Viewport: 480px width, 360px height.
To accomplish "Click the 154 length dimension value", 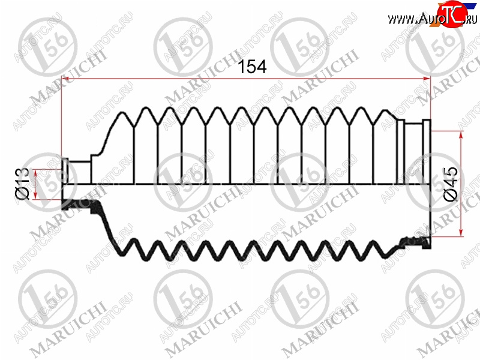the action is [252, 67].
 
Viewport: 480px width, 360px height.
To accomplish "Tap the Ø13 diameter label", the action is [23, 183].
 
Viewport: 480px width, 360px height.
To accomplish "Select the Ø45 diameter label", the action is [452, 184].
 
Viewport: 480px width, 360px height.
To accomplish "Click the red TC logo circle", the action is [452, 14].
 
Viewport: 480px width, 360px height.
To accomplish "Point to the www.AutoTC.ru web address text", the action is [432, 19].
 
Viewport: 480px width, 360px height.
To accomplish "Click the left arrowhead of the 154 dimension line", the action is [65, 79].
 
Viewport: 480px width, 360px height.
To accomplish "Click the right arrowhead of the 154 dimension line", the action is [427, 79].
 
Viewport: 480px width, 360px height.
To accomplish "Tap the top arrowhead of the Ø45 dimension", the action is [461, 135].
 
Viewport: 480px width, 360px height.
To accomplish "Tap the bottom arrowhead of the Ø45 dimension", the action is [461, 233].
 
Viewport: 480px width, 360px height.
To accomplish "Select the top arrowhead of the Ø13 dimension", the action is [35, 173].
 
